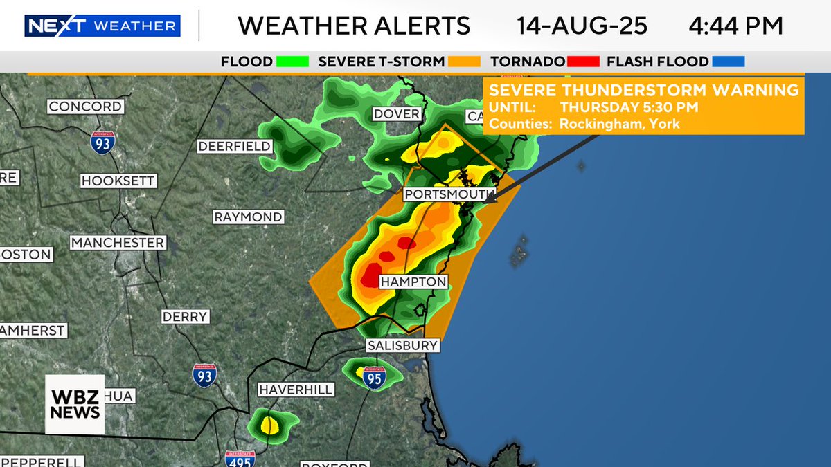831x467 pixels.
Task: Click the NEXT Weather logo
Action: coord(102,26)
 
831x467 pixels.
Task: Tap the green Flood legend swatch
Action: coord(292,62)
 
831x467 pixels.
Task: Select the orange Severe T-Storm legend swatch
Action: coord(465,62)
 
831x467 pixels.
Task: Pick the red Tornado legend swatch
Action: coord(582,62)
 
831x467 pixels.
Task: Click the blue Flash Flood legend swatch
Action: coord(728,62)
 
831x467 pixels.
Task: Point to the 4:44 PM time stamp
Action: coord(735,26)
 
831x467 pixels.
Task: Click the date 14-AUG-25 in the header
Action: coord(582,26)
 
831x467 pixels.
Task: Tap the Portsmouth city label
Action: coord(449,194)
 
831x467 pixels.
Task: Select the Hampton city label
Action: coord(413,282)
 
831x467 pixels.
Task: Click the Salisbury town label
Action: coord(402,345)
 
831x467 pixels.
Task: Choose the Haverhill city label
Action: coord(296,390)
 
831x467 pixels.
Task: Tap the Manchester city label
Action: coord(118,243)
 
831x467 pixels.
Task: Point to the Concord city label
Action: coord(85,107)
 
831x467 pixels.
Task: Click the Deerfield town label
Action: coord(235,147)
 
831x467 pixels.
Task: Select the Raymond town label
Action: coord(248,217)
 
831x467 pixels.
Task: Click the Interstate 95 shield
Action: coord(374,378)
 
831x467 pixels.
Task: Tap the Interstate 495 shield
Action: coord(240,458)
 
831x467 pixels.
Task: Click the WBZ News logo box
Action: coord(75,404)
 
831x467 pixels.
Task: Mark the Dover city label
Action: coord(397,113)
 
